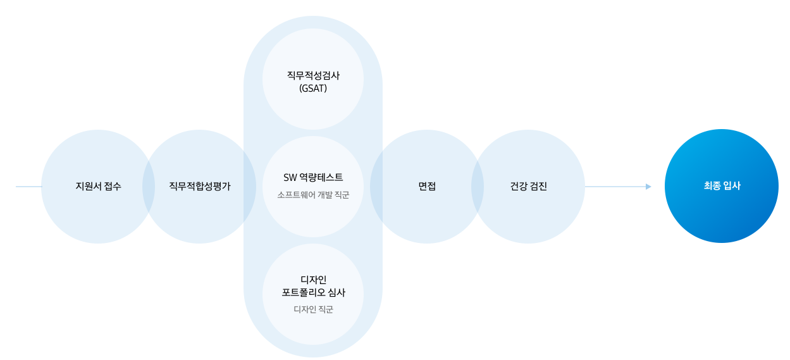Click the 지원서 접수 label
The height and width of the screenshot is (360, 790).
[98, 187]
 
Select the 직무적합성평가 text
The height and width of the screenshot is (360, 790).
[199, 187]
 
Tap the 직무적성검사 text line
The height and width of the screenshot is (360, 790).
[313, 75]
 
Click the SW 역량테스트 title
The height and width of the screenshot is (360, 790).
[313, 178]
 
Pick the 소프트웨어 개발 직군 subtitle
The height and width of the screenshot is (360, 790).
[313, 195]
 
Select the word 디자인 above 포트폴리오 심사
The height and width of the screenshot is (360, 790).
[313, 280]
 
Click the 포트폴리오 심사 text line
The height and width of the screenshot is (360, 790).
[313, 293]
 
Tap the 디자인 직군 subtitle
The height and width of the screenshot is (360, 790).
[313, 309]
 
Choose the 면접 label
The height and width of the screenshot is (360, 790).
[427, 187]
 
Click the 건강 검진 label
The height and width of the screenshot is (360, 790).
[528, 187]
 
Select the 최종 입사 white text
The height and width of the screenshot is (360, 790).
[722, 186]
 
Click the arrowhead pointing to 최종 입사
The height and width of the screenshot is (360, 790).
[648, 187]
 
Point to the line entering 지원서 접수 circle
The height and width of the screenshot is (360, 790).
[28, 187]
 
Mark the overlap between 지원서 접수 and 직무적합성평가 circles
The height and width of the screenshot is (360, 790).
[149, 187]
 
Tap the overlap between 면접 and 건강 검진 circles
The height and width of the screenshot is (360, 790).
[478, 187]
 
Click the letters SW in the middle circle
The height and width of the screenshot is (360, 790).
[290, 178]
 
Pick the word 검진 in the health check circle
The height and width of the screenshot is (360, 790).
[538, 187]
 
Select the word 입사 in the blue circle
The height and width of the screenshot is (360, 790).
[731, 186]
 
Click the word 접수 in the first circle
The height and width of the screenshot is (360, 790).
[112, 187]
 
